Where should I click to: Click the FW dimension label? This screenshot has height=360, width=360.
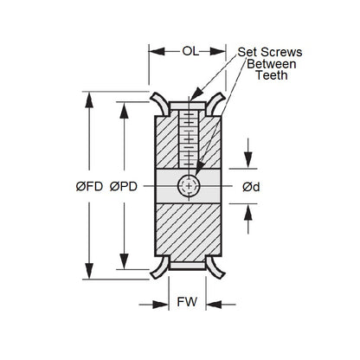pyautogui.click(x=185, y=305)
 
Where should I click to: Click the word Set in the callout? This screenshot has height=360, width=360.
pyautogui.click(x=248, y=52)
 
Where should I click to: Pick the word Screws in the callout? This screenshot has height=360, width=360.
pyautogui.click(x=280, y=52)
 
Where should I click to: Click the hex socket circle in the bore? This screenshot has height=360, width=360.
pyautogui.click(x=188, y=185)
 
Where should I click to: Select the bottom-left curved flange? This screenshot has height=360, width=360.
pyautogui.click(x=155, y=265)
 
